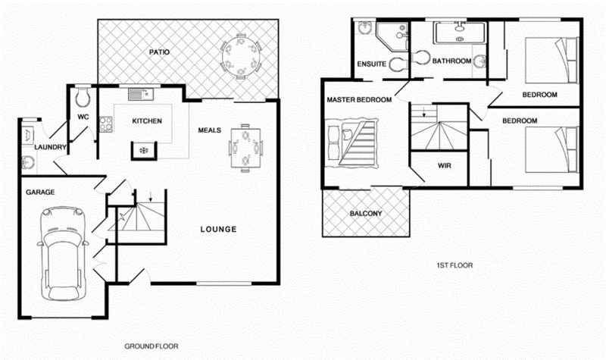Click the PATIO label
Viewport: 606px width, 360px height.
click(158, 52)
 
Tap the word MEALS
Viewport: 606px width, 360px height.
click(210, 130)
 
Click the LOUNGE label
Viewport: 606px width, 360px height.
click(219, 229)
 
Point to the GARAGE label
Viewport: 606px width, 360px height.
click(39, 193)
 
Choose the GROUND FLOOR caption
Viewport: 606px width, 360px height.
click(151, 346)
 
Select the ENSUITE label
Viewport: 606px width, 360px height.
click(373, 64)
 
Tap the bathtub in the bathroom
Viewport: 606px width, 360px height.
click(459, 33)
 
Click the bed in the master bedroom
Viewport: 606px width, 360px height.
click(352, 142)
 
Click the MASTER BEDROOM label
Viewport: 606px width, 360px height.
click(359, 100)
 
